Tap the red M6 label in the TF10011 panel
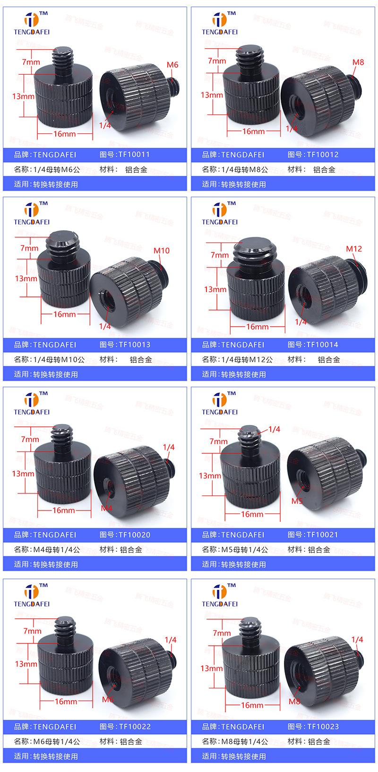(172, 65)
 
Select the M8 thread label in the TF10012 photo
(358, 62)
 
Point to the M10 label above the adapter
(161, 251)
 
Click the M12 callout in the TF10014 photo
(354, 249)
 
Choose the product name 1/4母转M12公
(247, 359)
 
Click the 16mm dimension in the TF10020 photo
(64, 510)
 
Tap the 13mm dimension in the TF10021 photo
(209, 476)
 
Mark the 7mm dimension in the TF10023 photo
(222, 633)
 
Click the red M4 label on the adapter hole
(106, 508)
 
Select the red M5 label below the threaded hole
(297, 501)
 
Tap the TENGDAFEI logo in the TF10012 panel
(220, 24)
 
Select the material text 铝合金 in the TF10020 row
(131, 549)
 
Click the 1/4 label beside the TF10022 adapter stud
(170, 640)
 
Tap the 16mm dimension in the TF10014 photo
(257, 327)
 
